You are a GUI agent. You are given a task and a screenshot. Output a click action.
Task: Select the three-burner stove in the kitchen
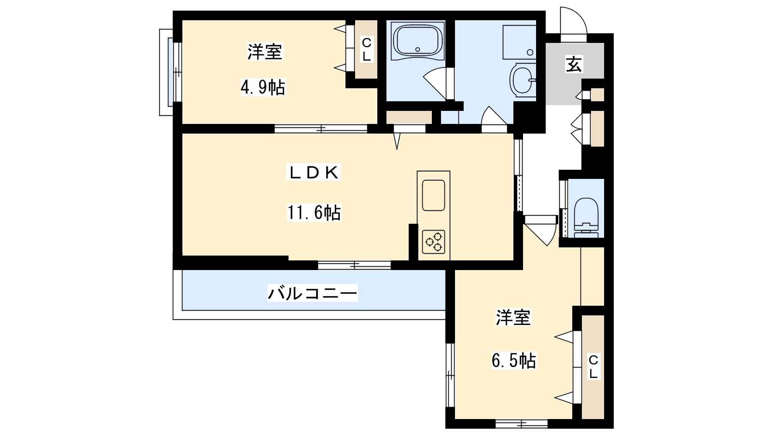[x=433, y=242]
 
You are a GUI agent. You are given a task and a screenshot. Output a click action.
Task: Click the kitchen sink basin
[x=433, y=195]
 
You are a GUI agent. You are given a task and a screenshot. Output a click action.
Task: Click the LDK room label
[x=314, y=173]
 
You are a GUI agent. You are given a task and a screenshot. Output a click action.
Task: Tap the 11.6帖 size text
[x=314, y=212]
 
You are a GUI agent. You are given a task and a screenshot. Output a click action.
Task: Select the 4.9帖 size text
[x=263, y=88]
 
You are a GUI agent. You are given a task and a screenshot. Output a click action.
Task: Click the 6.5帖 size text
[x=514, y=361]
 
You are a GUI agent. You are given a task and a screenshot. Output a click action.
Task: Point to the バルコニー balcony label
[x=313, y=293]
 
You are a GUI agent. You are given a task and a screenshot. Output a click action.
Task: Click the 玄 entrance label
[x=574, y=64]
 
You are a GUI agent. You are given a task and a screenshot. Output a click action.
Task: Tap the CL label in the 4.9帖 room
[x=367, y=49]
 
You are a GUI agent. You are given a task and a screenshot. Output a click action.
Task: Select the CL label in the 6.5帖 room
[x=593, y=366]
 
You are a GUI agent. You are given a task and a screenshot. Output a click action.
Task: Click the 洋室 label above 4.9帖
[x=264, y=52]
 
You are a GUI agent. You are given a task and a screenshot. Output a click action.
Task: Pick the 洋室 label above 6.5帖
[x=513, y=317]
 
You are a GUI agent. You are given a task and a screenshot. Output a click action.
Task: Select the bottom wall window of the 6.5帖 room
[x=522, y=424]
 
